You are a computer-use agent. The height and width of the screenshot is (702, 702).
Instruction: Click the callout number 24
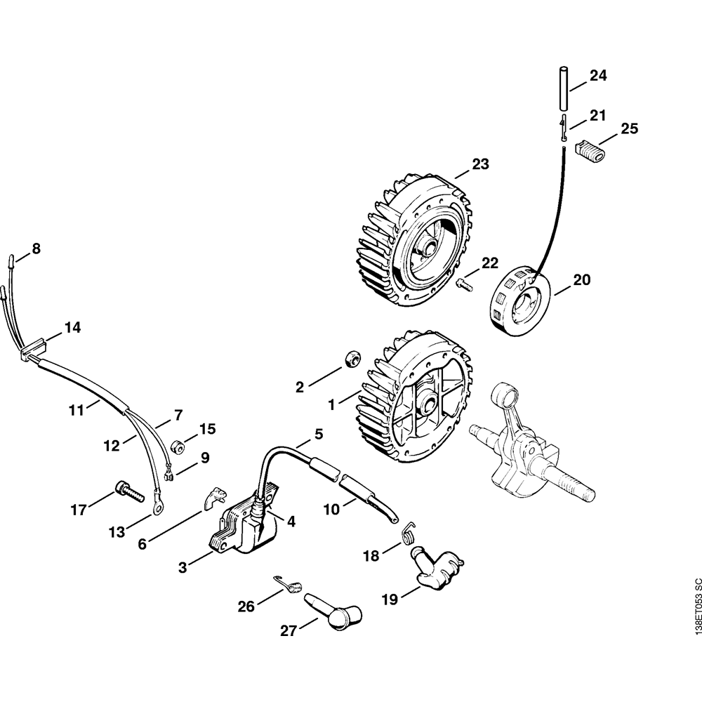pyautogui.click(x=598, y=76)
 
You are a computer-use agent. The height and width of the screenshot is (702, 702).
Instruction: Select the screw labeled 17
pyautogui.click(x=127, y=489)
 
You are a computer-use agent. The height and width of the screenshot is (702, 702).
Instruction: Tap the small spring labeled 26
pyautogui.click(x=287, y=582)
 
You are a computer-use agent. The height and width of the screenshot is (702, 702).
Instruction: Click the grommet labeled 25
pyautogui.click(x=589, y=150)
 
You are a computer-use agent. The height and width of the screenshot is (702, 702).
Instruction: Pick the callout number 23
pyautogui.click(x=480, y=165)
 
